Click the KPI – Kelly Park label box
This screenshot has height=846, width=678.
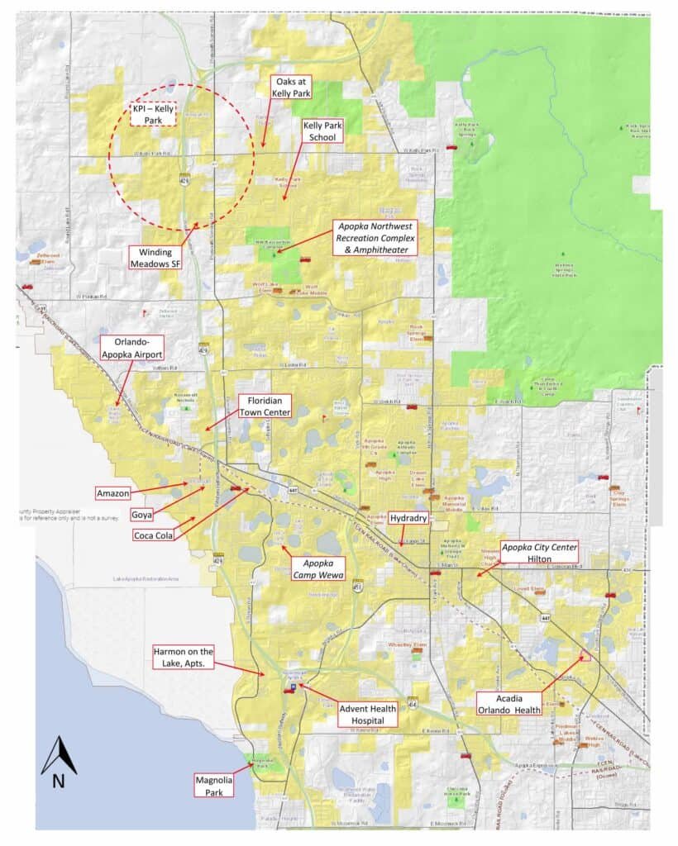click(155, 115)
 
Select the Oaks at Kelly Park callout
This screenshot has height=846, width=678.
click(294, 87)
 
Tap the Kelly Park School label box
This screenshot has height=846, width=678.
click(322, 131)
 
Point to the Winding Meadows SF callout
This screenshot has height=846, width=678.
click(158, 259)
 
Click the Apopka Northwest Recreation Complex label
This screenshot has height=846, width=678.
click(374, 237)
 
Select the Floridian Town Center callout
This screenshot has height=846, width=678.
click(264, 406)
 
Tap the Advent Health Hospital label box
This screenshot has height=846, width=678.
click(367, 714)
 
